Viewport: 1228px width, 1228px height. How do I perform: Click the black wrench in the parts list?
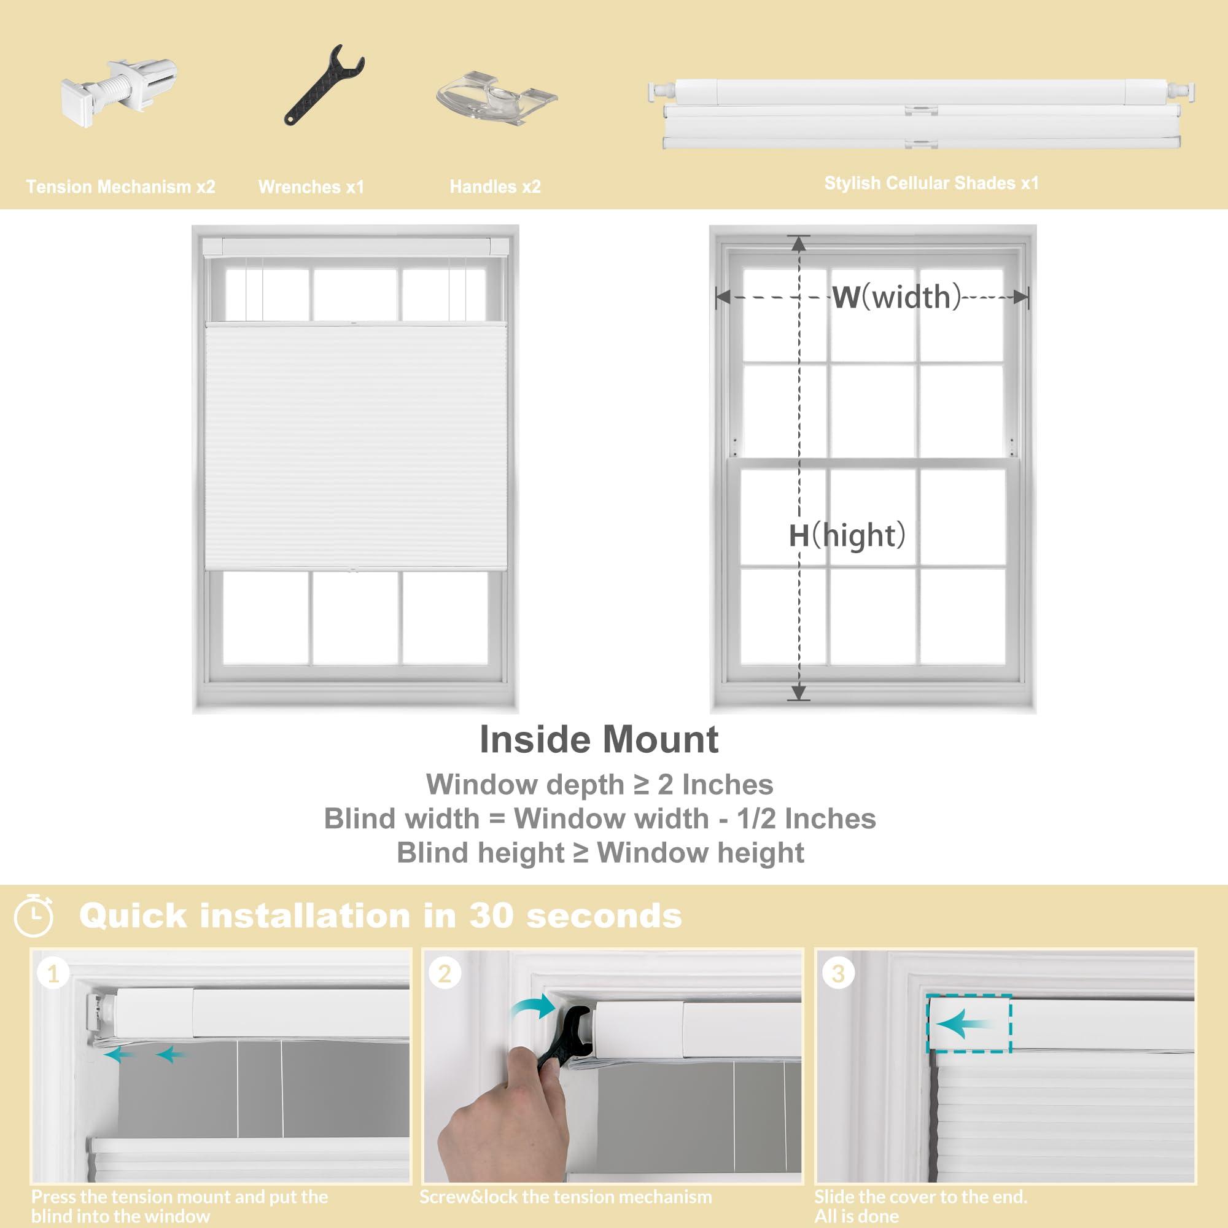click(x=323, y=85)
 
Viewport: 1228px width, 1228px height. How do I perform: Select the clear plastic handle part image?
click(x=496, y=95)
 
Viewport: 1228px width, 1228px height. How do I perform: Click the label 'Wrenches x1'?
click(x=311, y=187)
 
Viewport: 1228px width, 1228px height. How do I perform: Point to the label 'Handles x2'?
click(x=494, y=187)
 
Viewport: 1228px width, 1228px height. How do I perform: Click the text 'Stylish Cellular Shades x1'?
click(x=931, y=183)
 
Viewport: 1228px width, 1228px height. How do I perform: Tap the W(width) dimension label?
click(x=896, y=297)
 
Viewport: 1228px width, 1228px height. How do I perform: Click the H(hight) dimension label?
click(x=847, y=535)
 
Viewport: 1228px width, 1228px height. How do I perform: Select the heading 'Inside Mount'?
click(x=599, y=740)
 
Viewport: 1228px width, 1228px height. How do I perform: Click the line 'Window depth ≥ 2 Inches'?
click(x=599, y=784)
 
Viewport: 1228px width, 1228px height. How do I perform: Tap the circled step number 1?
click(x=53, y=974)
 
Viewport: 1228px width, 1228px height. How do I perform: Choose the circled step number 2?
click(x=445, y=974)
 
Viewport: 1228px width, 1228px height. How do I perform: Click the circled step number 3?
click(x=837, y=974)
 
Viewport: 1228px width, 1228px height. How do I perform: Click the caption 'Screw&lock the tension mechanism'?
click(x=565, y=1197)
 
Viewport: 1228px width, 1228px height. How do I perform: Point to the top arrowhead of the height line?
click(x=798, y=242)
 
